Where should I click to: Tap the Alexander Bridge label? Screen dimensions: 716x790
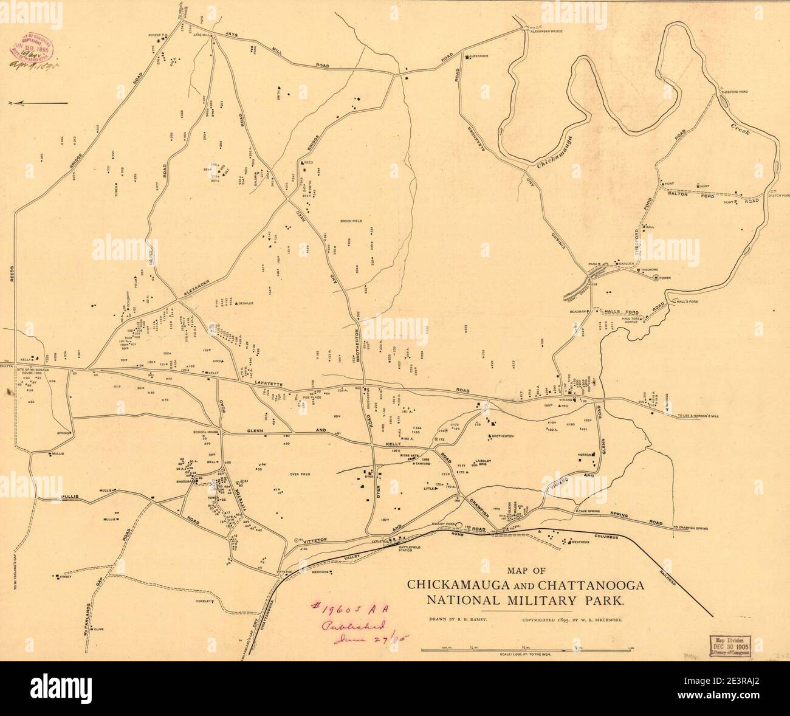pos(555,31)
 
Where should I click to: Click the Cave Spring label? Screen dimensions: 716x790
pos(589,512)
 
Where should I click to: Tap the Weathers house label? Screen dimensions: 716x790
pos(580,542)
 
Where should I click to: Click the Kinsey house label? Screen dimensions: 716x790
pos(66,577)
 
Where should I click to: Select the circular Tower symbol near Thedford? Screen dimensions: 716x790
pos(655,278)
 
